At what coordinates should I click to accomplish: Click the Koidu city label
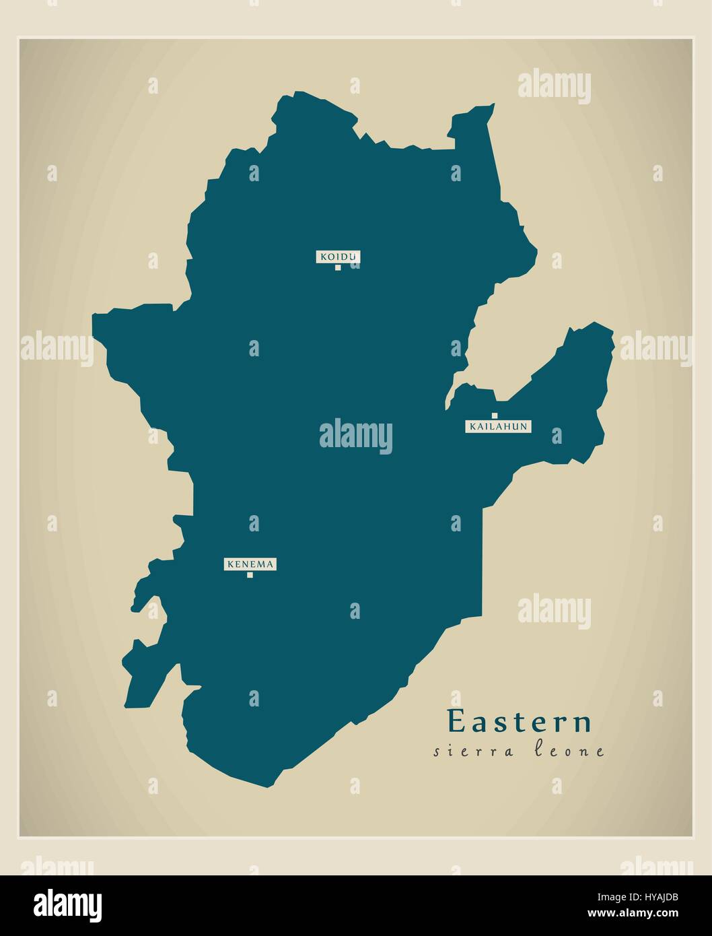pos(338,256)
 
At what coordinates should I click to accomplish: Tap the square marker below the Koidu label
pos(338,267)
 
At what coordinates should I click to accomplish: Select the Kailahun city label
pos(498,426)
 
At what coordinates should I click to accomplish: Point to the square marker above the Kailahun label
pos(495,415)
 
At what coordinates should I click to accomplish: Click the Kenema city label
pos(250,564)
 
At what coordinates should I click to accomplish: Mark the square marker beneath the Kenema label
pos(250,575)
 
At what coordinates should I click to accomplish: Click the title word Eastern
pos(520,722)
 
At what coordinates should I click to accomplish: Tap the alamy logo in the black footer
pos(68,904)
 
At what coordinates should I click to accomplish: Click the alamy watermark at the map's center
pos(355,436)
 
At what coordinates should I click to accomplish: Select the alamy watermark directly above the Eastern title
pos(554,611)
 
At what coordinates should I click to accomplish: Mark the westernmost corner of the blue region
pos(94,315)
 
